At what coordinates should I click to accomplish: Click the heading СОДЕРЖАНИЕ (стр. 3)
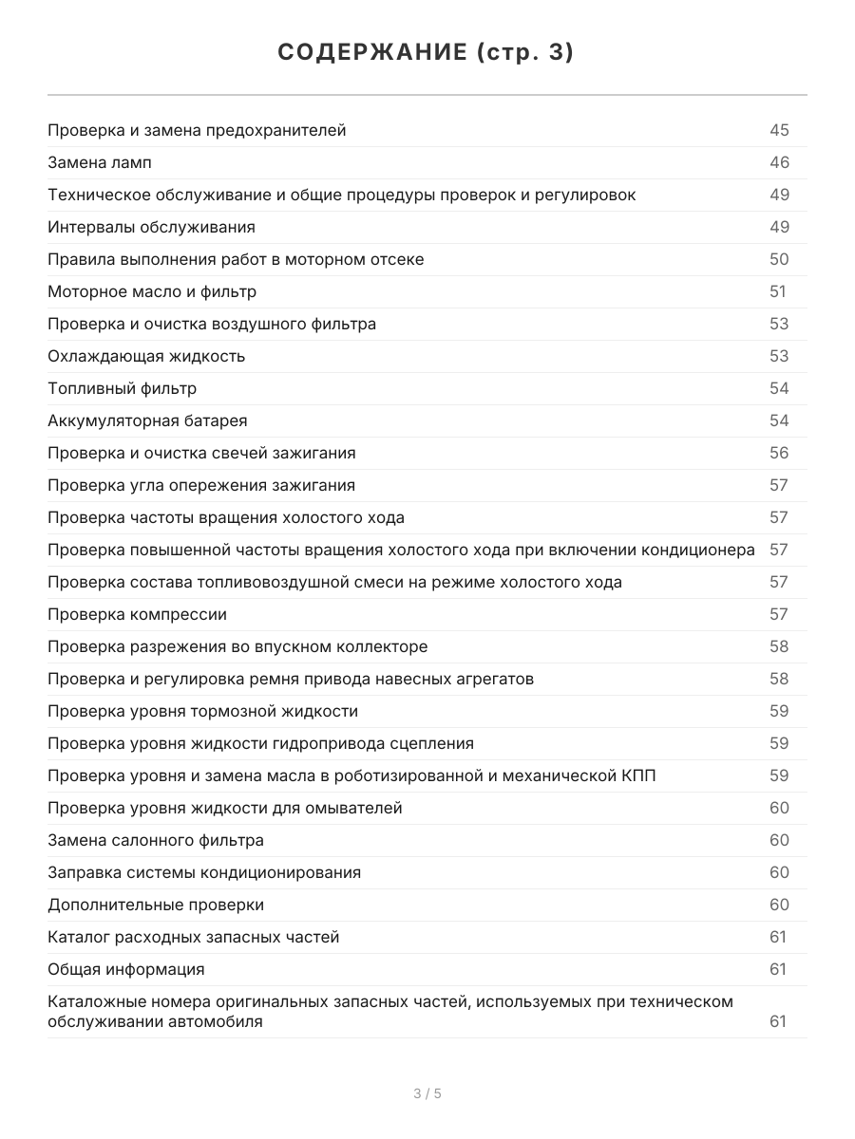(x=427, y=53)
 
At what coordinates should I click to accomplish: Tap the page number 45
(x=779, y=130)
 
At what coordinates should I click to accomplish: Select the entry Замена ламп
(x=99, y=162)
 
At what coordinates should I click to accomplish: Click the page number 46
(x=779, y=162)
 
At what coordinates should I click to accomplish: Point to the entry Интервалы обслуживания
(x=151, y=227)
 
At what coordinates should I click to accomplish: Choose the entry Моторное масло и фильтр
(x=152, y=291)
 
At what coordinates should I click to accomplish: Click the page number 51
(x=778, y=291)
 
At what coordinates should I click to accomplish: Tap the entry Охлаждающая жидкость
(x=146, y=356)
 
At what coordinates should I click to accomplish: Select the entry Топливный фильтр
(x=123, y=388)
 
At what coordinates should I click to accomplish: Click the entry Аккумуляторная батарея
(x=147, y=420)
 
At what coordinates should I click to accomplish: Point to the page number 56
(x=779, y=453)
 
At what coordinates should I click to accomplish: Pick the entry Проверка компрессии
(x=137, y=614)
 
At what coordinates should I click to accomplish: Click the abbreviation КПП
(x=636, y=775)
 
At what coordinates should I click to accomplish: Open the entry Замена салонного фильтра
(x=156, y=840)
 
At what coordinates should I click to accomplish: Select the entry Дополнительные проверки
(x=156, y=905)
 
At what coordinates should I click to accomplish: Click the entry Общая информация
(x=126, y=969)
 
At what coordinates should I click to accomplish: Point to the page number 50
(x=779, y=259)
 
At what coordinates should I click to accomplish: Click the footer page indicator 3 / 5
(x=427, y=1093)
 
